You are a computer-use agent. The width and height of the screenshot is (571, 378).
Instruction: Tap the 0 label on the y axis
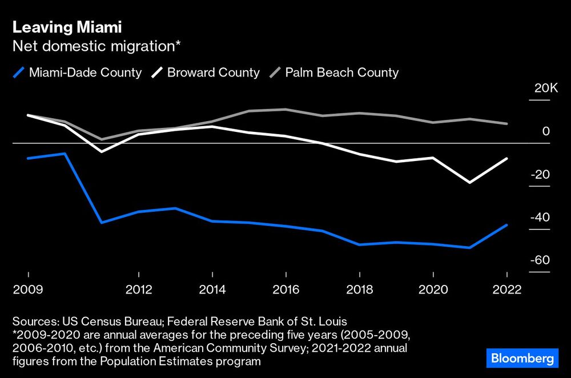pyautogui.click(x=546, y=131)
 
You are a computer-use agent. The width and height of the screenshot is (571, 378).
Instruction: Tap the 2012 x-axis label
pyautogui.click(x=139, y=289)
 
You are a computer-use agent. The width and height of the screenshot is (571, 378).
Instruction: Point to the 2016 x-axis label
pyautogui.click(x=286, y=289)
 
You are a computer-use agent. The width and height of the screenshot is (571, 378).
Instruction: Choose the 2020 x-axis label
pyautogui.click(x=433, y=289)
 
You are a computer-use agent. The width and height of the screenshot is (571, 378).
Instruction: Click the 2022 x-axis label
pyautogui.click(x=507, y=289)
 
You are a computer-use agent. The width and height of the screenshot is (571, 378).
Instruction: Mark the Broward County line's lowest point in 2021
pyautogui.click(x=470, y=183)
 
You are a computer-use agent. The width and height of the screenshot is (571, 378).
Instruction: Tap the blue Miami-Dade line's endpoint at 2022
pyautogui.click(x=506, y=225)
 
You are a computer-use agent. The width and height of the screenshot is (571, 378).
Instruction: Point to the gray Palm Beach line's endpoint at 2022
pyautogui.click(x=506, y=124)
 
